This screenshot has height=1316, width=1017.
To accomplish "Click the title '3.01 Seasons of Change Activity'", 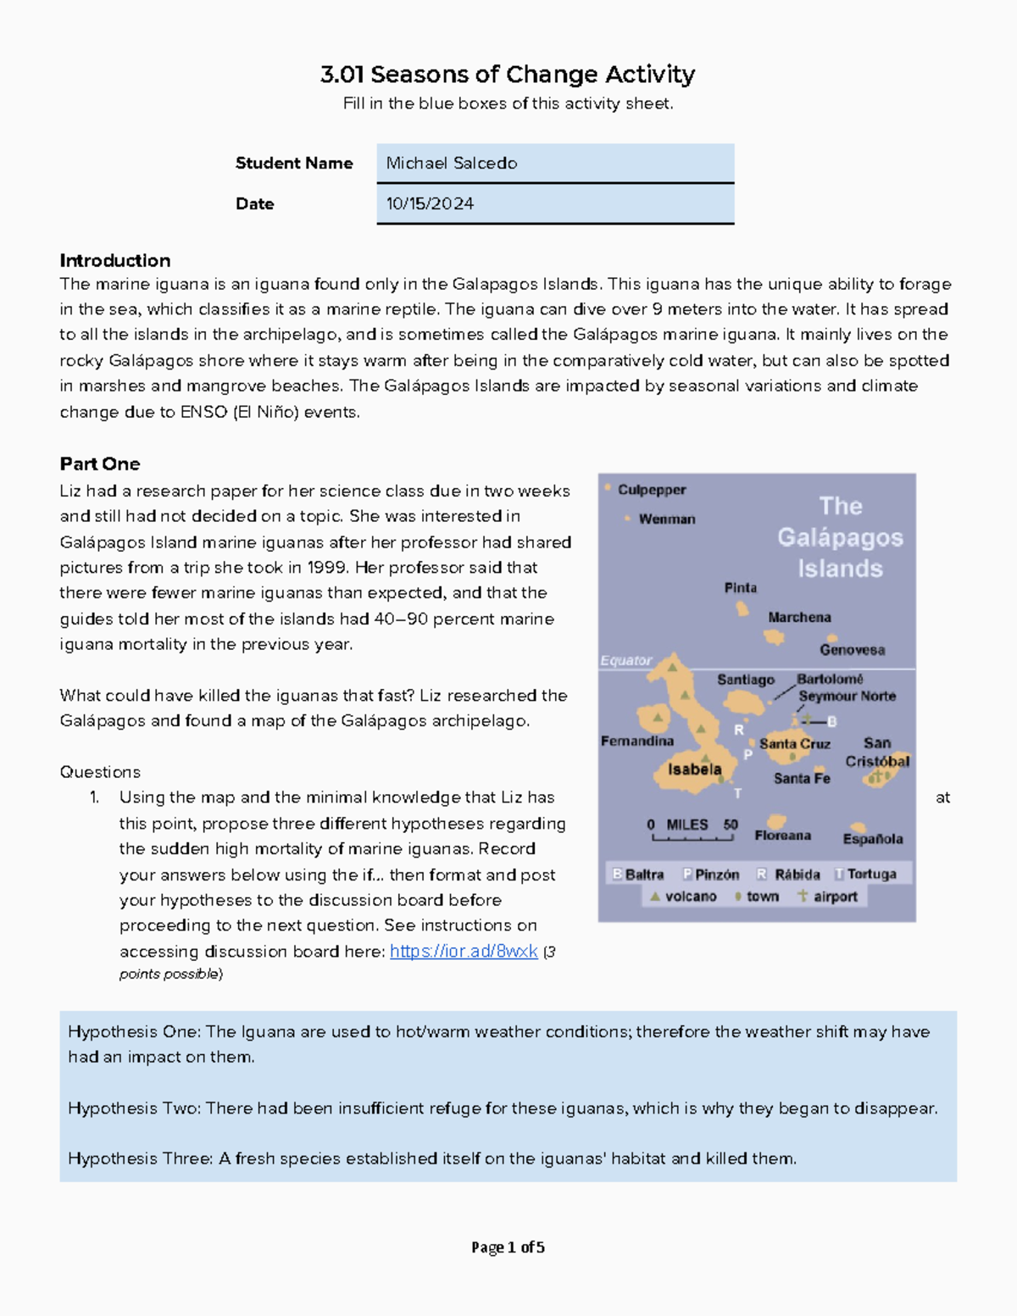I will tap(508, 75).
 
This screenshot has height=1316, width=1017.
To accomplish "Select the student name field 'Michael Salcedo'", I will tap(452, 164).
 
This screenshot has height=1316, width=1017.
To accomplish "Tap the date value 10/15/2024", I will tap(430, 204).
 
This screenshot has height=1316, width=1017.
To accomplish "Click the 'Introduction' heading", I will tap(114, 261).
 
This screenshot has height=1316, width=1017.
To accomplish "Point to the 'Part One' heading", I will tap(99, 464).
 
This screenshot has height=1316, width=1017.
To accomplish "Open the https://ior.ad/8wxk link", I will tap(463, 952).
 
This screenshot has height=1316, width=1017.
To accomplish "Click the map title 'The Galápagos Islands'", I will tap(840, 537).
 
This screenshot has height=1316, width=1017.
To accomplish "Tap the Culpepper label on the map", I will tap(651, 490).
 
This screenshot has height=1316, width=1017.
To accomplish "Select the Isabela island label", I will tap(694, 769).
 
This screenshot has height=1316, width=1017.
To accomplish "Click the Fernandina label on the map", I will tap(636, 741).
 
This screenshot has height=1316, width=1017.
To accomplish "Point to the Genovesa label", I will tap(852, 650).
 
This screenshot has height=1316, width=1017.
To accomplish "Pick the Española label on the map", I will tap(872, 839).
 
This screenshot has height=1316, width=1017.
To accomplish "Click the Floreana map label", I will tap(782, 836).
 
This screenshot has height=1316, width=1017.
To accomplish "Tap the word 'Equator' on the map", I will tap(625, 661).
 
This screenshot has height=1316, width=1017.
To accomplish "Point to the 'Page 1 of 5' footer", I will tap(508, 1247).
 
